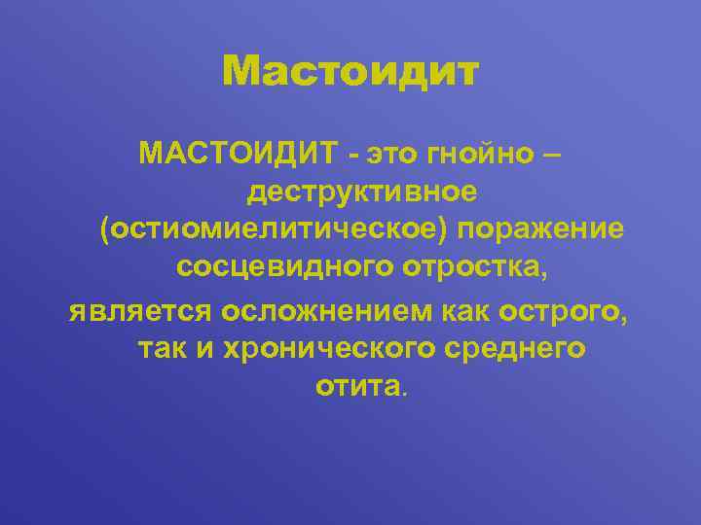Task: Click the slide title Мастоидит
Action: coord(350,71)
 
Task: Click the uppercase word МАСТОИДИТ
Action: coord(238,153)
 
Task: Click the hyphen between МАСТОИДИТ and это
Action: coord(352,154)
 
